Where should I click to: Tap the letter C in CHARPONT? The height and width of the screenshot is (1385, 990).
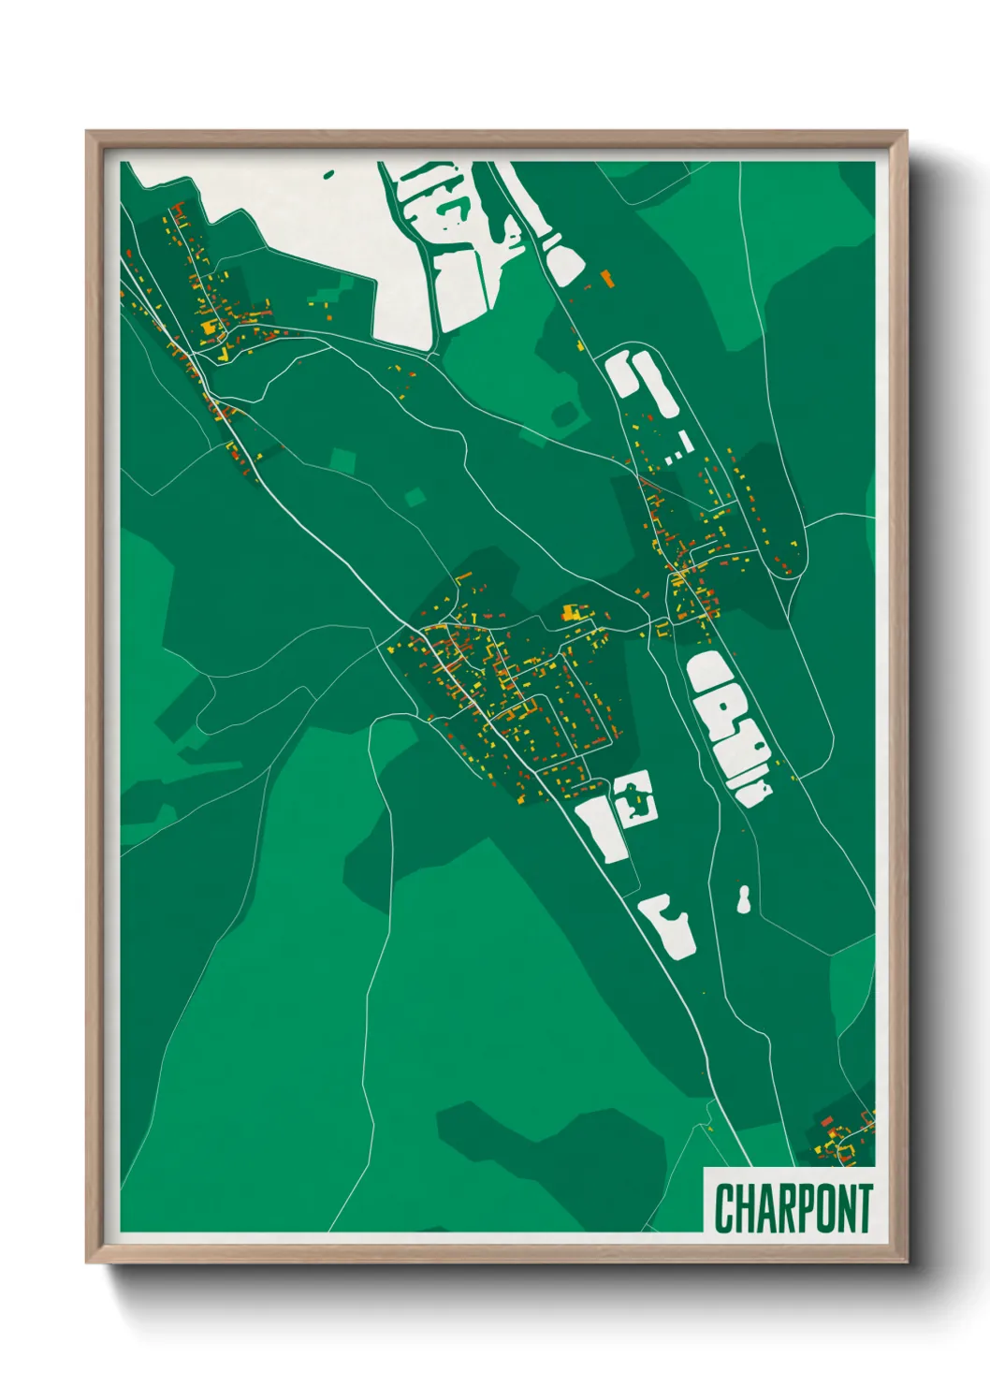tap(723, 1208)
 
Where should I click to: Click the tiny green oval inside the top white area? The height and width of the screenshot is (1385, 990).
tap(328, 173)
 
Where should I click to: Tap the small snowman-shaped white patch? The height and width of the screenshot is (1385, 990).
tap(744, 900)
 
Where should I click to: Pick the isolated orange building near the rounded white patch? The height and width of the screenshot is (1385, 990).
tap(606, 278)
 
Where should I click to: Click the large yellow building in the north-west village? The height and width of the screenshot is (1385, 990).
tap(210, 327)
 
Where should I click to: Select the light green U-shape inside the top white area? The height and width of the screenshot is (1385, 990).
tap(453, 207)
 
